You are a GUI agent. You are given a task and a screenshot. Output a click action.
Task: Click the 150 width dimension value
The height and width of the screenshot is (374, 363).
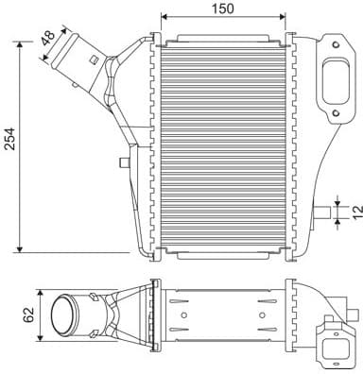click(223, 8)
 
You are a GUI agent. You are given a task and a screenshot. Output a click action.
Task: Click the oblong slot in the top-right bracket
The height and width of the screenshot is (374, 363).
click(334, 83)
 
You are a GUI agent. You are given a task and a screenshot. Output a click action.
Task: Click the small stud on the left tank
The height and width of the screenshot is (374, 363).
click(123, 162)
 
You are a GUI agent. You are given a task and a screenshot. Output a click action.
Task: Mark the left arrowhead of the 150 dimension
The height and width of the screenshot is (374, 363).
click(165, 17)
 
